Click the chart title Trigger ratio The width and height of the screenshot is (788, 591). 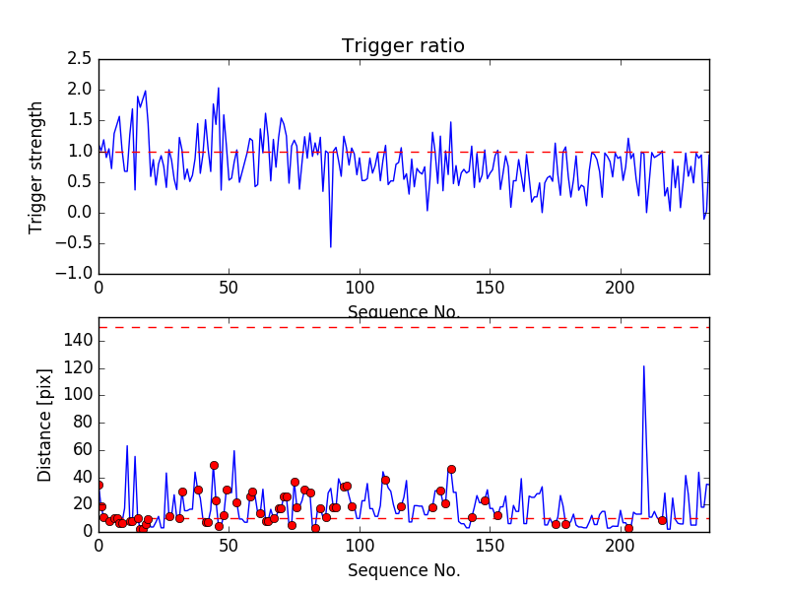pos(403,46)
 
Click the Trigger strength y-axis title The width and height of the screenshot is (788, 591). pos(36,166)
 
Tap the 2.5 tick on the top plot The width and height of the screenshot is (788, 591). pos(80,59)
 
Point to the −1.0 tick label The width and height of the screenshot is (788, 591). pos(75,274)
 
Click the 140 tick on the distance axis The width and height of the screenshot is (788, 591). pos(80,341)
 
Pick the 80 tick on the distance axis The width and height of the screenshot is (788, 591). pos(84,423)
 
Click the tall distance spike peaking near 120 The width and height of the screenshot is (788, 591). pos(644,366)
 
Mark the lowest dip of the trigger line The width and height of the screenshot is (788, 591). pos(331,246)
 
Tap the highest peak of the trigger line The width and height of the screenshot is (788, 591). pos(219,88)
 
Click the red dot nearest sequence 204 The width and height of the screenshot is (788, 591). pos(628,528)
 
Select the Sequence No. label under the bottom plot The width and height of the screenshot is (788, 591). pos(403,570)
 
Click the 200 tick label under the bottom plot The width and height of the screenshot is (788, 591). pos(621,546)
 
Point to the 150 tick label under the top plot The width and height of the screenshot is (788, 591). pos(490,288)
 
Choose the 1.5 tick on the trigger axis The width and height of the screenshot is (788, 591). pos(80,120)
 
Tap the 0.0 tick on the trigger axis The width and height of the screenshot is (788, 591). pos(80,213)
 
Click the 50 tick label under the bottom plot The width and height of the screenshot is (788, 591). pos(229,546)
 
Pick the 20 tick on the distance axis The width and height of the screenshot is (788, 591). pos(84,504)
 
